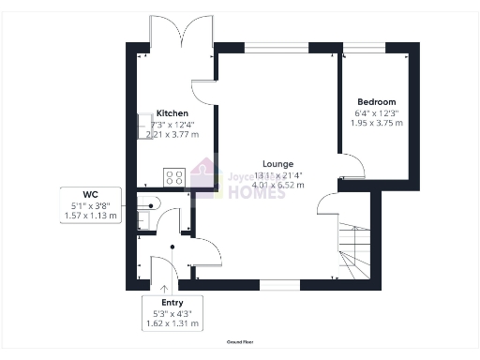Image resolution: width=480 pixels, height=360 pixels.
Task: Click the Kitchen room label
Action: (x=172, y=112)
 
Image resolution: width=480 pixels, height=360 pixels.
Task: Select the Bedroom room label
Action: (x=376, y=101)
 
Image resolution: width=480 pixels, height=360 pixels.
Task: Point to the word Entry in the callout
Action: (x=172, y=303)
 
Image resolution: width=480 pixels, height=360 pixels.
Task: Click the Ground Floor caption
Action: (x=240, y=343)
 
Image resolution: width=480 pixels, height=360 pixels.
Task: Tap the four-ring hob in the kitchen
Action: (x=174, y=175)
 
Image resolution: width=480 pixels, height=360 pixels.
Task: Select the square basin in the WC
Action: (x=143, y=220)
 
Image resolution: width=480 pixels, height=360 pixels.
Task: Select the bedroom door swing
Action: (x=352, y=168)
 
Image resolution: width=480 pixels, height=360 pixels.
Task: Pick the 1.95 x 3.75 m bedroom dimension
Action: (x=376, y=123)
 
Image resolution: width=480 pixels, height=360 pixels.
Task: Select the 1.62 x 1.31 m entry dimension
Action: (x=172, y=323)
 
